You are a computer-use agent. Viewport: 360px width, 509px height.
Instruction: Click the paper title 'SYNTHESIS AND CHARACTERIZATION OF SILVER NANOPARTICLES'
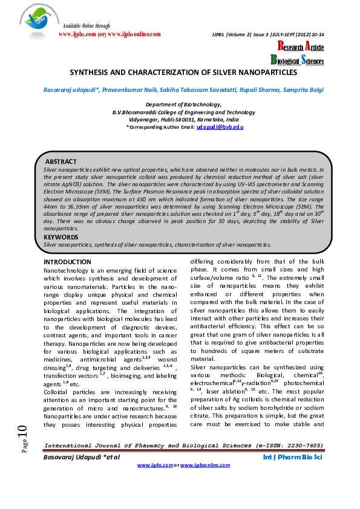[x=183, y=72]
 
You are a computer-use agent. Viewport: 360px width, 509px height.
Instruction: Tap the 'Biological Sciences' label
[x=297, y=60]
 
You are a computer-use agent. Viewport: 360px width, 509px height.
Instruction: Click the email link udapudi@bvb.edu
[x=220, y=126]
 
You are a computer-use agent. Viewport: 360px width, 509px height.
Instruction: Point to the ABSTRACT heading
[x=61, y=162]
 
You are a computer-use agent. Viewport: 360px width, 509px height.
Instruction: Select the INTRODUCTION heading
[x=67, y=262]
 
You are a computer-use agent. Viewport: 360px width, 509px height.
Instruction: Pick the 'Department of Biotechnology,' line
[x=183, y=105]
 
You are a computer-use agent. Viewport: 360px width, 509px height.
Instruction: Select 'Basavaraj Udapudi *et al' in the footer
[x=81, y=458]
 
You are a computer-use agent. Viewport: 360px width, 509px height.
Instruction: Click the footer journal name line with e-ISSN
[x=183, y=446]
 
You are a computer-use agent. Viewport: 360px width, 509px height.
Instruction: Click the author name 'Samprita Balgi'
[x=301, y=89]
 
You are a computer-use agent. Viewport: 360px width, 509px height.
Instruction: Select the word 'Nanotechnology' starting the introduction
[x=68, y=271]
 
